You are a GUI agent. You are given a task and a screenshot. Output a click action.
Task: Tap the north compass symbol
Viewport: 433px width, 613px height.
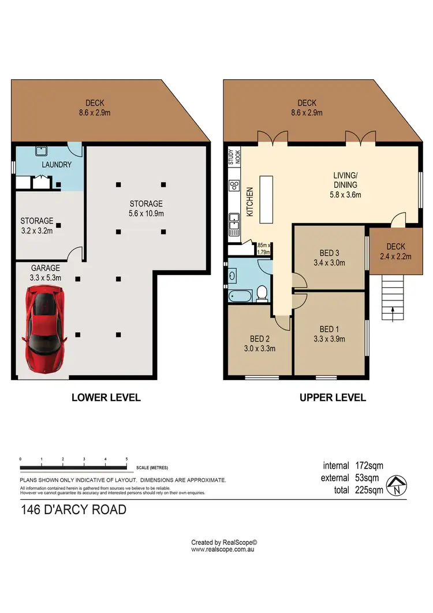[397, 485]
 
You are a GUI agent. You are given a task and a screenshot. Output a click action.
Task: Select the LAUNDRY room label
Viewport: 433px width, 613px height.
[57, 165]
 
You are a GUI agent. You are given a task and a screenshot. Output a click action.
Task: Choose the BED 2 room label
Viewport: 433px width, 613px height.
[258, 339]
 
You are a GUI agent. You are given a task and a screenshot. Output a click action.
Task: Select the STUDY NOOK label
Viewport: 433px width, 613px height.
[233, 158]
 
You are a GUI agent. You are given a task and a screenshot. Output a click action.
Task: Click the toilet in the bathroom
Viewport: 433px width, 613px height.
[262, 294]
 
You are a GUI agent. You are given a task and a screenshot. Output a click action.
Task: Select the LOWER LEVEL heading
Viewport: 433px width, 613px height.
[106, 397]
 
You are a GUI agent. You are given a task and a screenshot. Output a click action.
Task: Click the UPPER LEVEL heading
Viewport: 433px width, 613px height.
[332, 397]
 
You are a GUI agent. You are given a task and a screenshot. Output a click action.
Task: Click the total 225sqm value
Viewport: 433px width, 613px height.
[370, 491]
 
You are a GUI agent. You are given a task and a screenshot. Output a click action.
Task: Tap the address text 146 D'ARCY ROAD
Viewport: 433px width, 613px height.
[73, 510]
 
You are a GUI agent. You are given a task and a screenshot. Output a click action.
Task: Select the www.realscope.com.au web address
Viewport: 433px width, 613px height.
[223, 549]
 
